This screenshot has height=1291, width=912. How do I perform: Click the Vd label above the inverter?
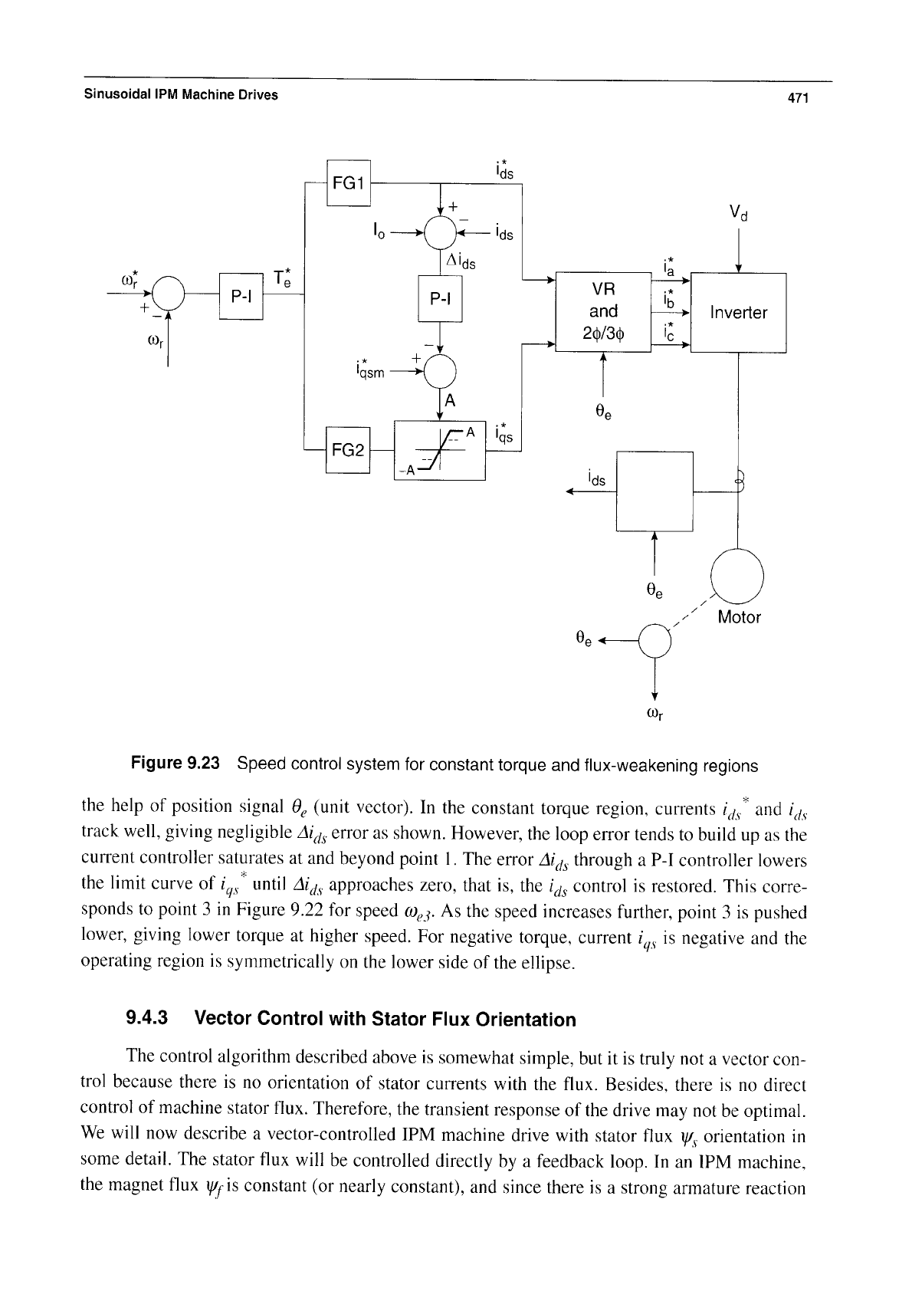[738, 213]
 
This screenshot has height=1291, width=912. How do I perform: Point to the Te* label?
[282, 278]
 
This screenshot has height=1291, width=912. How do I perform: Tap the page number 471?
[798, 98]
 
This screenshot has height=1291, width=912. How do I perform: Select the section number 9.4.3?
[146, 1018]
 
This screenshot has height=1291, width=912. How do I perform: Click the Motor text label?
[739, 617]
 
